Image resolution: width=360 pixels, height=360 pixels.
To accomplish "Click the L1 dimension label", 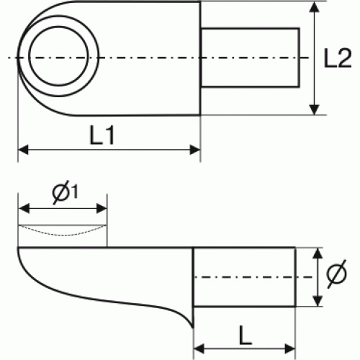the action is point(102,135).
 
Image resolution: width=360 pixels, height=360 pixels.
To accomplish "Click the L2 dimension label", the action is point(338,58).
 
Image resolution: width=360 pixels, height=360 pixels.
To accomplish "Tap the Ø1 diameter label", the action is point(65,192).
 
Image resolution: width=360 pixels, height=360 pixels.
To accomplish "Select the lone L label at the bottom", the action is point(245,336).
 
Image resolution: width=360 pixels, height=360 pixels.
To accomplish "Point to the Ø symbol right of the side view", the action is point(337,274).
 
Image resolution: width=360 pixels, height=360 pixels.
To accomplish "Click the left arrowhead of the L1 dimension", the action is point(23,150).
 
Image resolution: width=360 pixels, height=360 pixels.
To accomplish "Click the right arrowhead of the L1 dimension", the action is point(195,150).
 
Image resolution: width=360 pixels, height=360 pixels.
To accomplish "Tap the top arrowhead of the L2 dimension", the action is point(315,7).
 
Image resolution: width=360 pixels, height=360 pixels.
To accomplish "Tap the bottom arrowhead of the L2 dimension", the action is point(315,109).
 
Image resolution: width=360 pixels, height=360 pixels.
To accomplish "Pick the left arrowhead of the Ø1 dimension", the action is point(24,208).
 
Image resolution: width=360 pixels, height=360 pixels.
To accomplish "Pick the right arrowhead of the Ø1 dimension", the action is point(102,208).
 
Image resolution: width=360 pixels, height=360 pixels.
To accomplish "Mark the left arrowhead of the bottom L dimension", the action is point(199,348).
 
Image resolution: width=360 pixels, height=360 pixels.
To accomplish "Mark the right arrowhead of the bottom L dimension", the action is point(289,348).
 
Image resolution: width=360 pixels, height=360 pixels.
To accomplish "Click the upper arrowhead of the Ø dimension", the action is point(318,253).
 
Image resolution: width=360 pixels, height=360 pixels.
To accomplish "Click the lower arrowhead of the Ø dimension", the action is point(318,301).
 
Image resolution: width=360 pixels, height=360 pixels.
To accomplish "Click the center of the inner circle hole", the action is point(58,56).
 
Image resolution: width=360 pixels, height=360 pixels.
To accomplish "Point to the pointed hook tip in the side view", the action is point(193,328).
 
